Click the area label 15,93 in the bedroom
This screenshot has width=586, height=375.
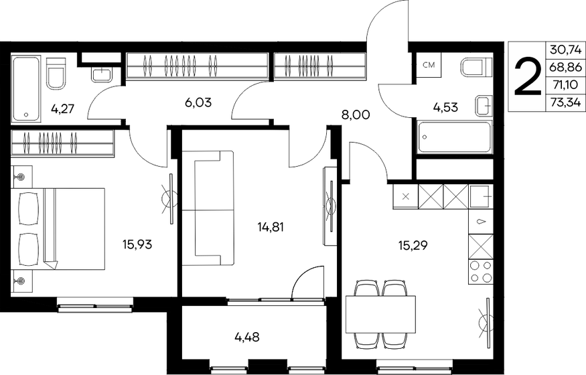tap(137, 244)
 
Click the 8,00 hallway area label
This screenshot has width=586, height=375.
tap(355, 115)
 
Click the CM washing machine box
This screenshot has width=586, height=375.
tap(428, 66)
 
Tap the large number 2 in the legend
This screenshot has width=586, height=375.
tap(528, 77)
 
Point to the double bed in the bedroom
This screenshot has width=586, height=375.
tap(60, 228)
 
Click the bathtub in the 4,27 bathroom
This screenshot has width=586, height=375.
tap(26, 88)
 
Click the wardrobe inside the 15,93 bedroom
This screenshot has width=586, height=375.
tap(62, 141)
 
